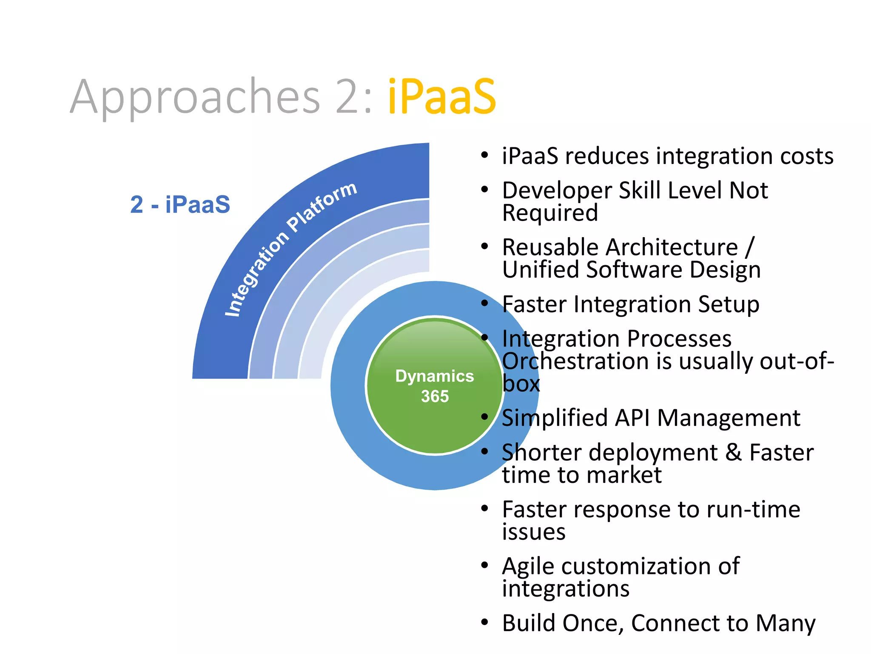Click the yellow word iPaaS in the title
(x=441, y=97)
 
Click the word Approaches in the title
(x=195, y=98)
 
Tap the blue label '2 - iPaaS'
(x=180, y=204)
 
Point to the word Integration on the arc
(x=256, y=274)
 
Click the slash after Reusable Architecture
(x=749, y=247)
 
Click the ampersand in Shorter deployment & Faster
(x=733, y=453)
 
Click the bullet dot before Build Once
(x=484, y=622)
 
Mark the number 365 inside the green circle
(x=435, y=396)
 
